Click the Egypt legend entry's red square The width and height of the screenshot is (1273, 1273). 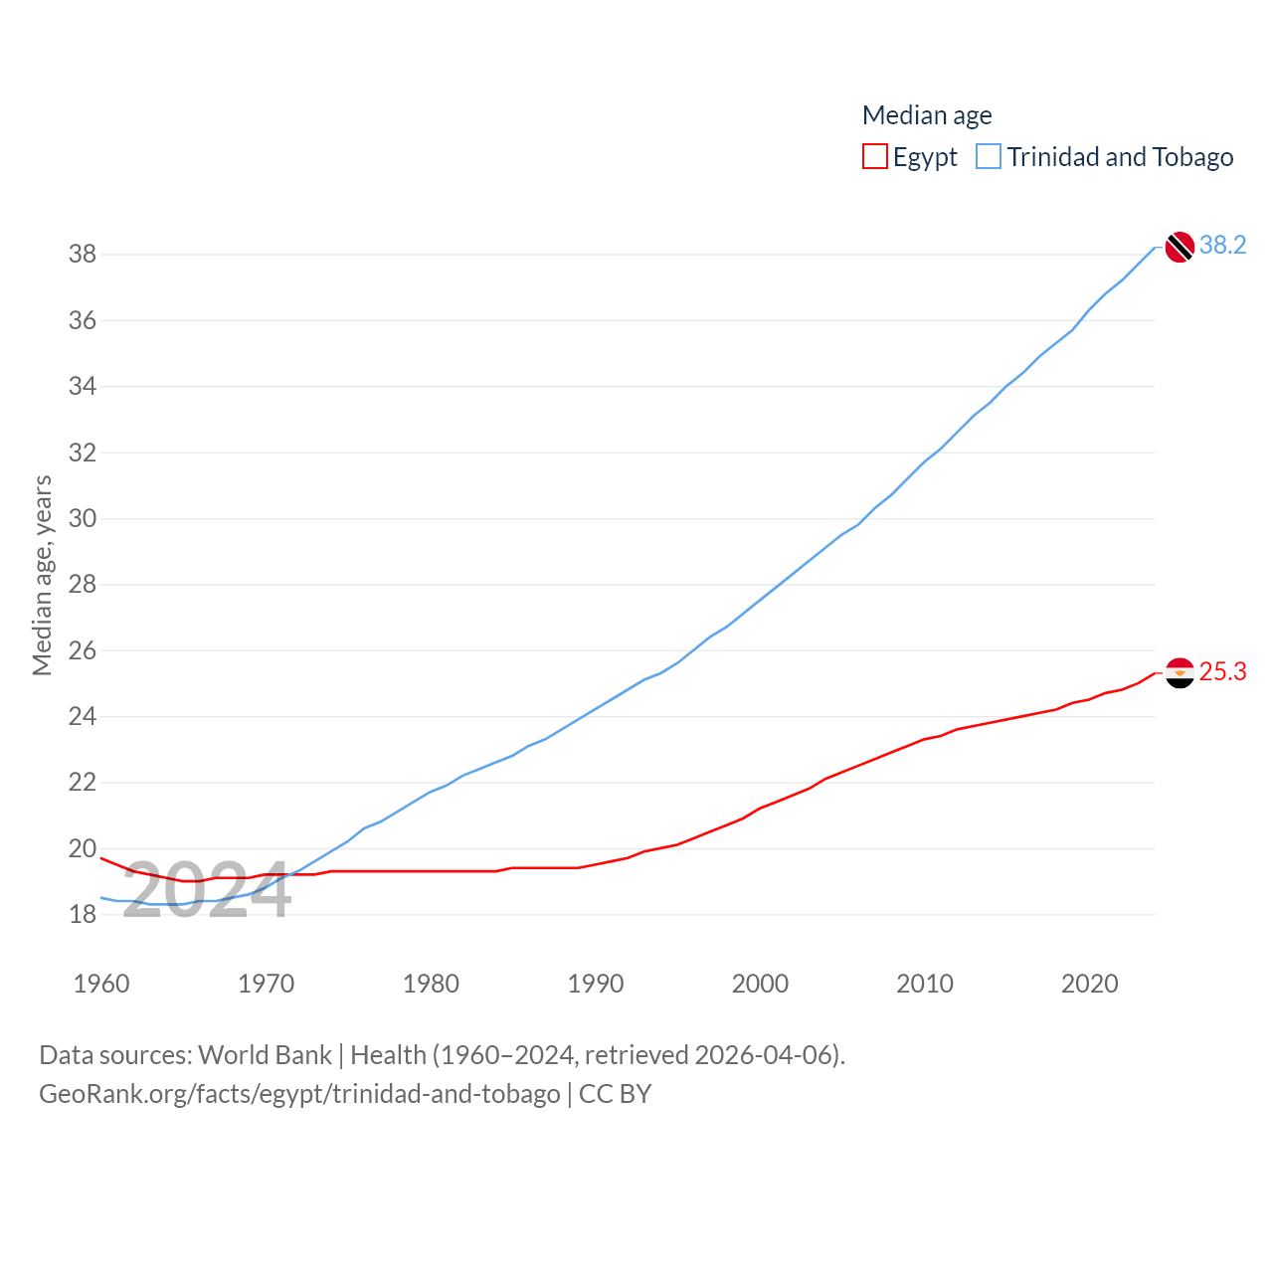(874, 157)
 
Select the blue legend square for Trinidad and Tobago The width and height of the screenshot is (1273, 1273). (989, 157)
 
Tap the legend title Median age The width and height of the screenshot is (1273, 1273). (927, 115)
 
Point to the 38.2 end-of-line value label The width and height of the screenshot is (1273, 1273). (1222, 246)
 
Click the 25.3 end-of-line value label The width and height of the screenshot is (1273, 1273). (1222, 672)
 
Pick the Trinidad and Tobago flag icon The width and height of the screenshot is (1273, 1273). (1180, 247)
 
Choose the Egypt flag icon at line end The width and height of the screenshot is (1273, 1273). (1180, 673)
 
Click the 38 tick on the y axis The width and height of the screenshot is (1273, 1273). (83, 255)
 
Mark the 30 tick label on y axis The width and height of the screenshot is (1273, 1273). (83, 519)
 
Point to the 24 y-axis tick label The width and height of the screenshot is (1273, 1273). (83, 717)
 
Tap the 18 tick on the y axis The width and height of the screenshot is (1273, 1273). (83, 915)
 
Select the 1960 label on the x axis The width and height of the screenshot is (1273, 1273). (101, 985)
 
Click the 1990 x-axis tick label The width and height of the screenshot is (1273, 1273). (596, 985)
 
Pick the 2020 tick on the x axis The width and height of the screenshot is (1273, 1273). (1090, 985)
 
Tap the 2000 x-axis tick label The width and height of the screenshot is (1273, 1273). (760, 985)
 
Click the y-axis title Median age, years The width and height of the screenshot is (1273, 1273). (42, 575)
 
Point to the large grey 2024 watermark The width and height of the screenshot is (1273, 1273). (207, 889)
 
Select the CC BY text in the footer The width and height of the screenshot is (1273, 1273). (615, 1094)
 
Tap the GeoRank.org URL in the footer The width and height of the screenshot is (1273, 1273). (299, 1094)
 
